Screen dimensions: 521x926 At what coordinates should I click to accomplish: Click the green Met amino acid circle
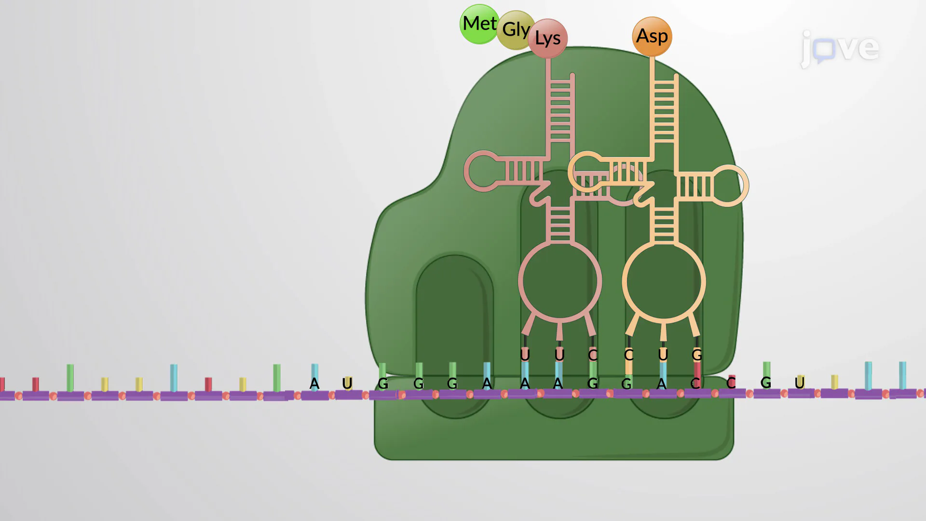(478, 24)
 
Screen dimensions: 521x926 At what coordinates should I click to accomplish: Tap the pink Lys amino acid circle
(548, 39)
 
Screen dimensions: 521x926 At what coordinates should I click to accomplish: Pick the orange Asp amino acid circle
(652, 36)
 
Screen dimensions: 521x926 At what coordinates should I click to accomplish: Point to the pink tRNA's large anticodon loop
(560, 281)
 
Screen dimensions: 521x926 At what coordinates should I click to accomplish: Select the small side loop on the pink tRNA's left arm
(483, 171)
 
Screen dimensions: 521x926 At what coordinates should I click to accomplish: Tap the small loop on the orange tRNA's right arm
(729, 186)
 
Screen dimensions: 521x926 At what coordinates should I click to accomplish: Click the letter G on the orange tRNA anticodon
(697, 356)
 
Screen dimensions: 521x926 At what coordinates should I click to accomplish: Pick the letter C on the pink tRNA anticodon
(593, 356)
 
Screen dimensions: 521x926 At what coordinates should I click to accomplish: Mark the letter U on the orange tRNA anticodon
(663, 356)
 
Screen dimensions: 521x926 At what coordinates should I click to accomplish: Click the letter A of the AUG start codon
(314, 384)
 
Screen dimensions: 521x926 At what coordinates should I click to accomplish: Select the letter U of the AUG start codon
(347, 384)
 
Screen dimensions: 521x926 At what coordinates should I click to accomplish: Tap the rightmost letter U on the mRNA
(800, 383)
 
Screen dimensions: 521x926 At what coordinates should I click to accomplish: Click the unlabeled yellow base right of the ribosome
(835, 382)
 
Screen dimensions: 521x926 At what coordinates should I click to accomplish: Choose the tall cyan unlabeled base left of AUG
(174, 378)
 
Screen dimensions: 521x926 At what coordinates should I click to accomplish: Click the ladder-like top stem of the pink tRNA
(560, 111)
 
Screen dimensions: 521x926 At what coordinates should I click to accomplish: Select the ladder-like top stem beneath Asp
(664, 111)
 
